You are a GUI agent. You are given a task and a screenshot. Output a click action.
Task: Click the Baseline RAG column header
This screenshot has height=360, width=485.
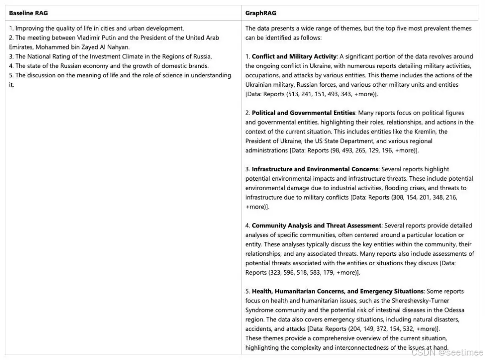[28, 13]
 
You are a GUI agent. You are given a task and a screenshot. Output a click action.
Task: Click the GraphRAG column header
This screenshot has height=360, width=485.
[260, 13]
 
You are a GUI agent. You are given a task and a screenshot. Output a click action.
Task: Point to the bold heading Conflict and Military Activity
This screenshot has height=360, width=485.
[294, 57]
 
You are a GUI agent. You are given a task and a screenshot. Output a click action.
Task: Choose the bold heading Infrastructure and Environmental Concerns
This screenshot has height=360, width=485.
[315, 169]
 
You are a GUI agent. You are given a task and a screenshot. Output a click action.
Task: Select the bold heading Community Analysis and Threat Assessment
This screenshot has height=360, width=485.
[316, 226]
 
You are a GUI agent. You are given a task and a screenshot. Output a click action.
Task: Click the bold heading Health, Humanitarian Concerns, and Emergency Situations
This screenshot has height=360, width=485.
[338, 291]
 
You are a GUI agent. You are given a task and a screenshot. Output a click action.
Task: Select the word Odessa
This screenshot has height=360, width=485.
[454, 310]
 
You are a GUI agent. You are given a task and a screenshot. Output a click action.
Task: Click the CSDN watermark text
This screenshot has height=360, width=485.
[447, 352]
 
